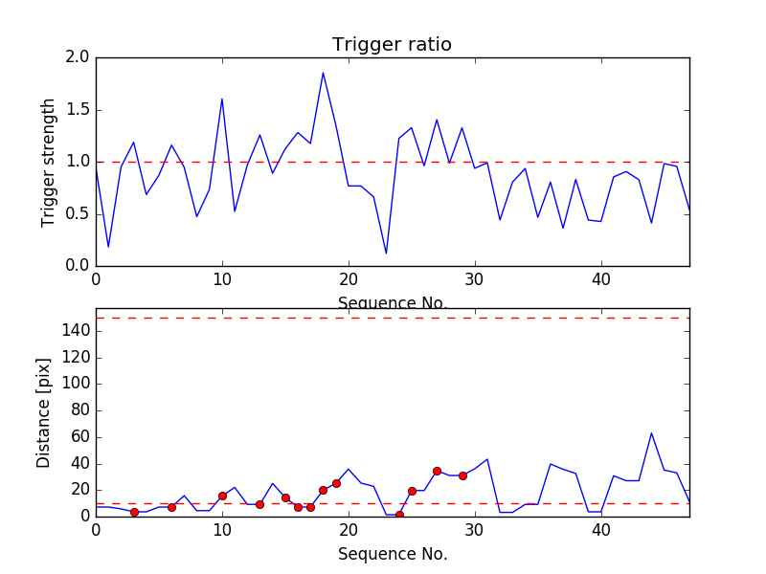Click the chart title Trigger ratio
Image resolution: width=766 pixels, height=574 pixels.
point(392,45)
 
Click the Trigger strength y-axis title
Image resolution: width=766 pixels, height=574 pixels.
point(49,162)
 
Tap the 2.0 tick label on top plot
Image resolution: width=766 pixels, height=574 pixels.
point(78,57)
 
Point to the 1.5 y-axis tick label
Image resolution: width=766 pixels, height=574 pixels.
point(78,110)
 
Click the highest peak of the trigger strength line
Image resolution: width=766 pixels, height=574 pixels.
point(323,73)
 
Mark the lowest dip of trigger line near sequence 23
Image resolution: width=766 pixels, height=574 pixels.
point(386,254)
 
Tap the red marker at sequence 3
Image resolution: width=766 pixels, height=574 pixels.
point(134,512)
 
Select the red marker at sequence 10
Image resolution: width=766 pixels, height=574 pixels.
point(222,496)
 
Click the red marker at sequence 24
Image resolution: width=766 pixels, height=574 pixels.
point(399,515)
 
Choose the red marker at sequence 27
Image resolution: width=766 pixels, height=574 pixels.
point(437,471)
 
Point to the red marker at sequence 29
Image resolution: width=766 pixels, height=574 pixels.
point(462,475)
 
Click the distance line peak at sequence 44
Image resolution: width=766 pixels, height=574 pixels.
point(651,432)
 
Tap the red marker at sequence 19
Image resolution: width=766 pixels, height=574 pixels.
point(336,483)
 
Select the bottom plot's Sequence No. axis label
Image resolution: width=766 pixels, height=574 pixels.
point(392,554)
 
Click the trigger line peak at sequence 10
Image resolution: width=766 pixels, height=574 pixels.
point(222,99)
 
